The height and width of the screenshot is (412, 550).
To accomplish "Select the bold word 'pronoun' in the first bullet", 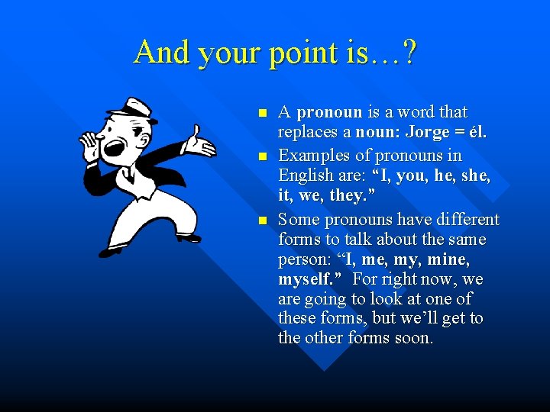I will point(330,112).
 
